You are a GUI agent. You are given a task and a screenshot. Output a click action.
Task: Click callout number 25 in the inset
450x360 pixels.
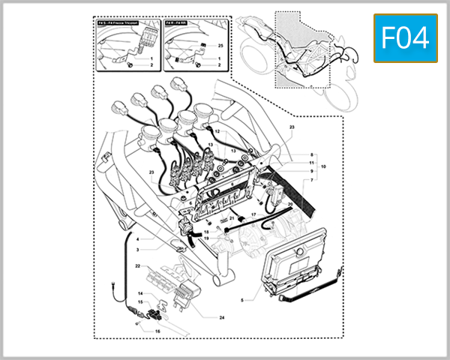220,46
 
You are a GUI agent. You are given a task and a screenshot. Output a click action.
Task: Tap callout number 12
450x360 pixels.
217,131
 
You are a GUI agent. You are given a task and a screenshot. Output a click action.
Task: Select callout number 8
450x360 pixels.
311,154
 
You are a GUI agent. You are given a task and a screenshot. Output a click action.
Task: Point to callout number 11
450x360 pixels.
311,163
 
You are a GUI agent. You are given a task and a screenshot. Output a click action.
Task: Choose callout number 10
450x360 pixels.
324,166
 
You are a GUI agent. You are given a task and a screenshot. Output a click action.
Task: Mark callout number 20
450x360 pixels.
290,204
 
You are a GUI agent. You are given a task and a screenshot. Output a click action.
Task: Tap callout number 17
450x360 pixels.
253,214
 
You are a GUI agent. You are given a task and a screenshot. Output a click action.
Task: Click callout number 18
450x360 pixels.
205,233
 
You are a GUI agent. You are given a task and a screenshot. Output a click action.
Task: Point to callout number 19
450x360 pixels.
205,239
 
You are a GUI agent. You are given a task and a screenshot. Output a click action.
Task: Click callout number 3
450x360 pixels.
138,248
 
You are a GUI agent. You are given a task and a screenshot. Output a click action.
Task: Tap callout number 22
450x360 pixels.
138,266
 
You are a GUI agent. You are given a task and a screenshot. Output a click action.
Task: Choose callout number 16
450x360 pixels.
157,330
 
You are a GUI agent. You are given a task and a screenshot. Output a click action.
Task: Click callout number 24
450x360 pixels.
201,317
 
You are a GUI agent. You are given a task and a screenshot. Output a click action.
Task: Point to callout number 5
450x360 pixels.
241,299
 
